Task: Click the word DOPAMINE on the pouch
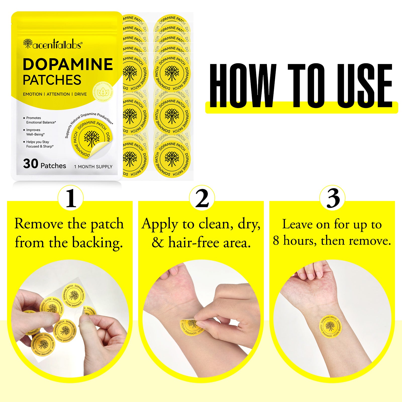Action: click(68, 64)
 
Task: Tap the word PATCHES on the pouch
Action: click(52, 80)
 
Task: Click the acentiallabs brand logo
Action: click(53, 44)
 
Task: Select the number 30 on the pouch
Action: click(31, 164)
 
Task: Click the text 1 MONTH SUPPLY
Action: click(93, 167)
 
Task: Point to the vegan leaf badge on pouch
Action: click(103, 92)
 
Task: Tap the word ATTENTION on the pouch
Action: click(58, 94)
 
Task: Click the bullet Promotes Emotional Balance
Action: click(40, 120)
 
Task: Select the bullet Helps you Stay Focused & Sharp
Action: click(39, 144)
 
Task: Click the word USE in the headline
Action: click(364, 85)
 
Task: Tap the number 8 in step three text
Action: click(276, 241)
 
